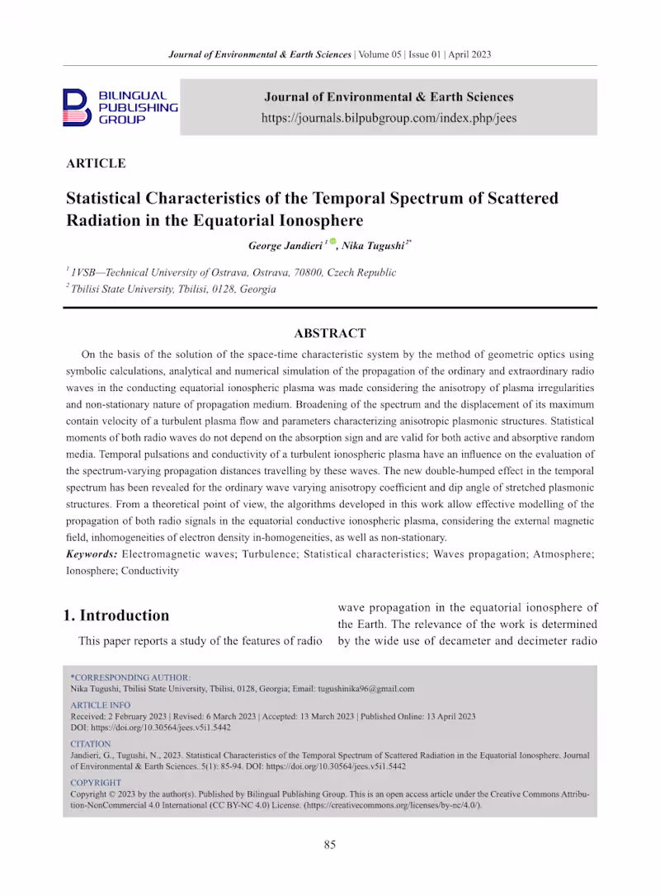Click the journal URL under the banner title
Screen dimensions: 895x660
[389, 118]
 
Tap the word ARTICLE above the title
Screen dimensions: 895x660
[96, 163]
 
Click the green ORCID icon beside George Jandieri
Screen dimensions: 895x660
[333, 242]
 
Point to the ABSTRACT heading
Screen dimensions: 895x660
[330, 333]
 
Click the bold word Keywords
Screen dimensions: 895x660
[92, 554]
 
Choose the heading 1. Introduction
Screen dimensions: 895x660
[116, 615]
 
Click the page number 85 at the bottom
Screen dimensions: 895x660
[330, 844]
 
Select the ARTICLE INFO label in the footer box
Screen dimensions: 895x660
[101, 705]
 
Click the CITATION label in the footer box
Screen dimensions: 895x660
[91, 744]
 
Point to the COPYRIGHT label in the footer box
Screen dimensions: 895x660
[96, 783]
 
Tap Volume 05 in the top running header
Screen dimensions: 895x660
[379, 54]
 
